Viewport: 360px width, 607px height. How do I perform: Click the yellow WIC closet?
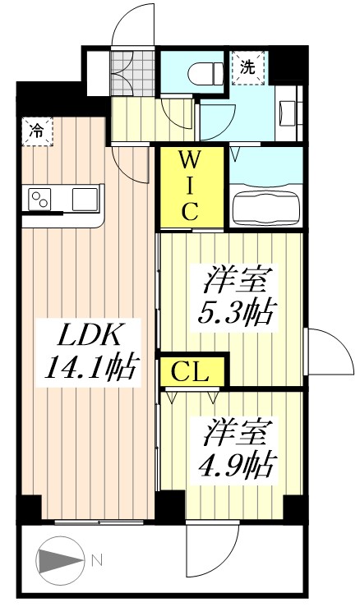[189, 185]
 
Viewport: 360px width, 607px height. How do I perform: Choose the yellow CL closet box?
[192, 371]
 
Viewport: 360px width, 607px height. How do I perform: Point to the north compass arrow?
[59, 562]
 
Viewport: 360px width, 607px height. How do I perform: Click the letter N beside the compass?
[96, 561]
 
